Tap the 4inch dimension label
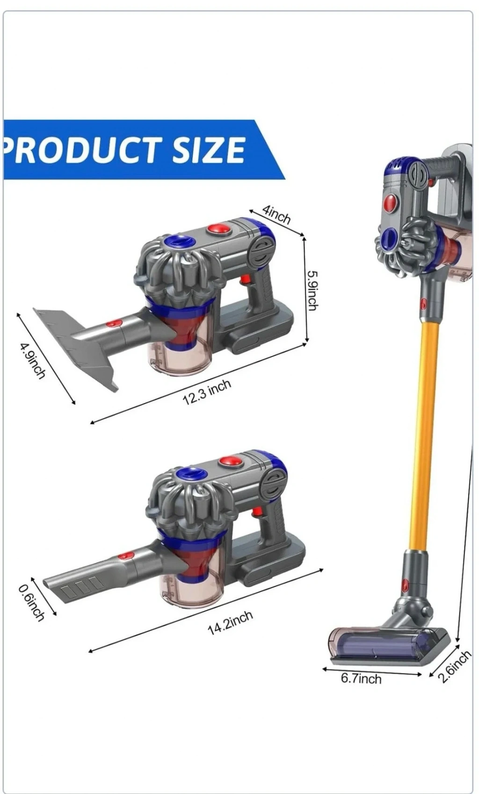tap(276, 214)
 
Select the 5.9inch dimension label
tap(312, 291)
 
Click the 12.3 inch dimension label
tap(207, 392)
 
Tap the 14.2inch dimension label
tap(230, 622)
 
